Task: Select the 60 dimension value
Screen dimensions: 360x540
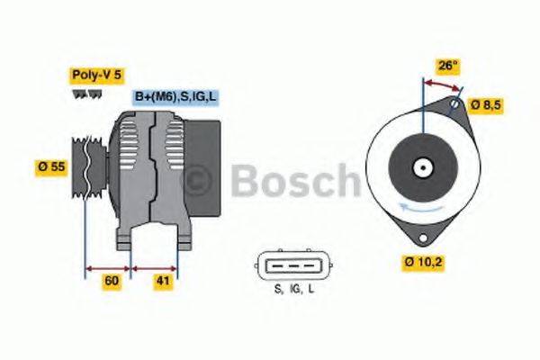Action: pyautogui.click(x=112, y=281)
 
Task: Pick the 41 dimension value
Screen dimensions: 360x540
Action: pyautogui.click(x=163, y=281)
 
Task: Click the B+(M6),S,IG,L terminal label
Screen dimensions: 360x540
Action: pyautogui.click(x=176, y=97)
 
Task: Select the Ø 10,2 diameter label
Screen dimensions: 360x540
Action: pyautogui.click(x=425, y=264)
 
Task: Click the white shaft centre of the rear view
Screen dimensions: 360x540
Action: pyautogui.click(x=421, y=167)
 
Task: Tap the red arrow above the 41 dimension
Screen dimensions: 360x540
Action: pyautogui.click(x=155, y=267)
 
